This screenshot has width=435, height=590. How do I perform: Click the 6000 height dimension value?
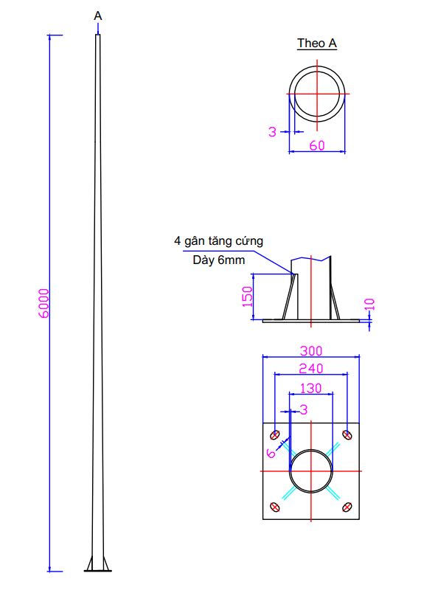click(x=44, y=303)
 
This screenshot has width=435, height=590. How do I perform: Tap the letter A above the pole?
click(x=98, y=15)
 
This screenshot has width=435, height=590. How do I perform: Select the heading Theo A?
click(x=317, y=44)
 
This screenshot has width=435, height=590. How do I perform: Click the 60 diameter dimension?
click(x=317, y=145)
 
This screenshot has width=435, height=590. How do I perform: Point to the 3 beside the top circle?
click(x=273, y=132)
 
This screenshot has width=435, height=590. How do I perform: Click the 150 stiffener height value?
click(x=247, y=296)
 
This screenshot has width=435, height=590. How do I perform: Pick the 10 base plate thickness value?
click(x=370, y=304)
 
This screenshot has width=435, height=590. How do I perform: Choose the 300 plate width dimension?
click(x=311, y=351)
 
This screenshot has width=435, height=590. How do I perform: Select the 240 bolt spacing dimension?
click(x=311, y=368)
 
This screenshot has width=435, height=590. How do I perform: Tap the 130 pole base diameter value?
click(x=311, y=389)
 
